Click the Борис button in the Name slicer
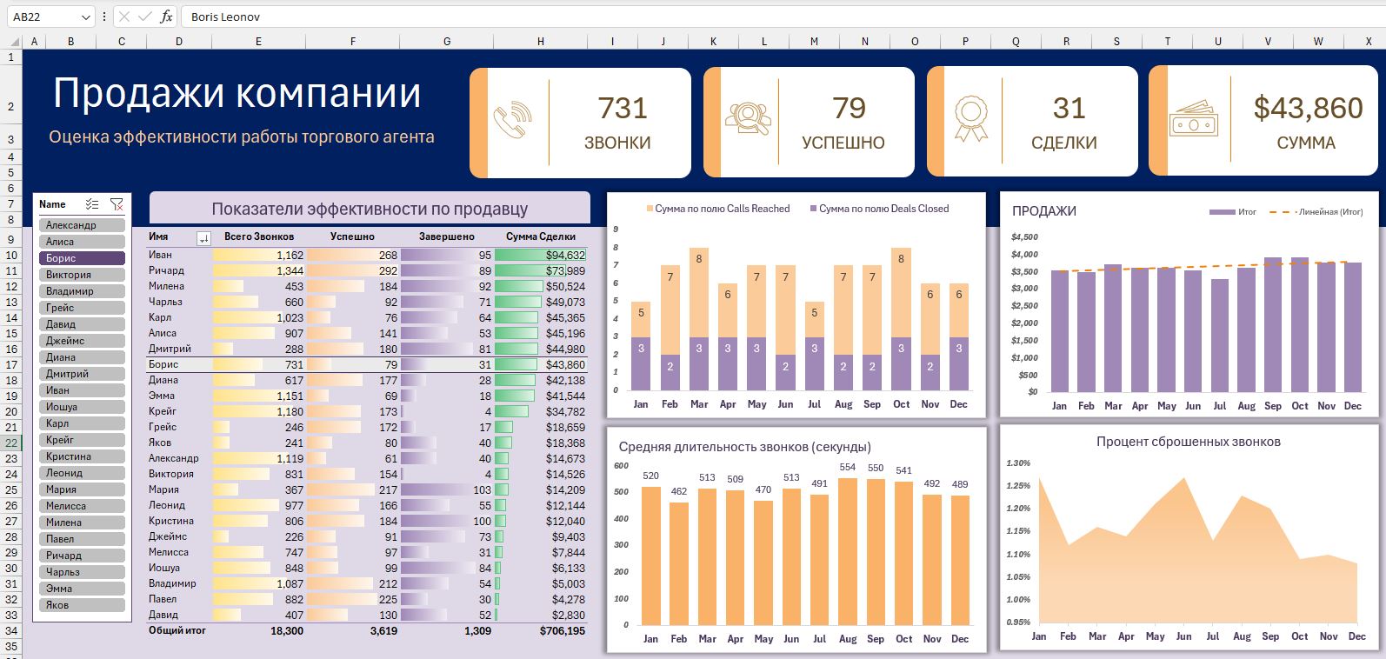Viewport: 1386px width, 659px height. click(82, 258)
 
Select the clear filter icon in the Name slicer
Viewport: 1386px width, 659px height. click(117, 204)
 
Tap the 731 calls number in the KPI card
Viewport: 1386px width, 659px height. click(623, 109)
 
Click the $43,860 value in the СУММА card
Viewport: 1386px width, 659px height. click(1308, 109)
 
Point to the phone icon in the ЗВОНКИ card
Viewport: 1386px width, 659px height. click(513, 120)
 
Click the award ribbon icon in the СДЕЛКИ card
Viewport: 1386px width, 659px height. click(971, 118)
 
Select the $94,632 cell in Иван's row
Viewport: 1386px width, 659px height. click(540, 255)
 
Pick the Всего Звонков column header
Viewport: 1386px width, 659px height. click(258, 236)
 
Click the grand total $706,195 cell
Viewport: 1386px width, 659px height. click(562, 631)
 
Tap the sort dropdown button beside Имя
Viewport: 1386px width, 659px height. click(203, 237)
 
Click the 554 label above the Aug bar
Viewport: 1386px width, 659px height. click(847, 467)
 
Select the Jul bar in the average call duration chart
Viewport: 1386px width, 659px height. click(819, 559)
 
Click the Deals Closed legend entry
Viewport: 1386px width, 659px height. click(879, 209)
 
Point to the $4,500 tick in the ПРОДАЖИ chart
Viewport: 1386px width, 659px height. click(1024, 237)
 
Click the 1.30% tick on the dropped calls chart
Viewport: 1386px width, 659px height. click(1018, 463)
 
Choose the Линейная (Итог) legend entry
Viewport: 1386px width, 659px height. click(1316, 211)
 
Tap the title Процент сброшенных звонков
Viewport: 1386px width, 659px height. click(1188, 442)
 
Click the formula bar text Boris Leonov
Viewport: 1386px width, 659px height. click(225, 17)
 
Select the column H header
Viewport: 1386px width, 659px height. click(540, 42)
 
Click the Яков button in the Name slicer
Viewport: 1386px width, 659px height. click(82, 605)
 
